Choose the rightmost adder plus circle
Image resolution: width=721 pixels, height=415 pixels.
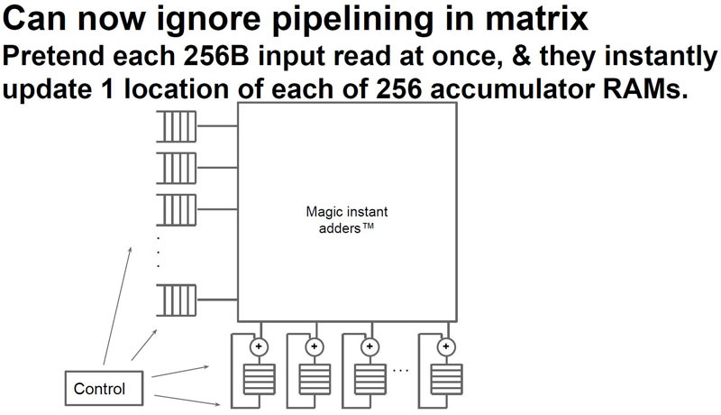click(x=443, y=346)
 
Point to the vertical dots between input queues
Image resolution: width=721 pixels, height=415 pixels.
click(x=159, y=254)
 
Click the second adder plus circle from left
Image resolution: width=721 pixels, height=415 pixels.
click(x=315, y=346)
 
